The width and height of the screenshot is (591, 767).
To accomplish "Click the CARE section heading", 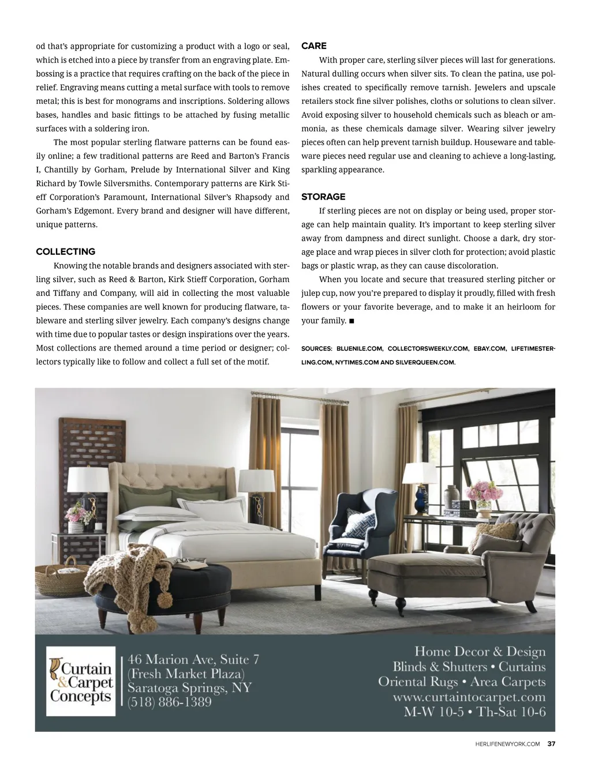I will pos(314,46).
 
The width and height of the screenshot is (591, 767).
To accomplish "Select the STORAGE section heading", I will pos(323,197).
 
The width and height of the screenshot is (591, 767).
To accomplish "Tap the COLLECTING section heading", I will pos(66,251).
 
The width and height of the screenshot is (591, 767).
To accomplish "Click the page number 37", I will pos(551,744).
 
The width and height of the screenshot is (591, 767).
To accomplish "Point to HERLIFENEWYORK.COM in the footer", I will pos(504,744).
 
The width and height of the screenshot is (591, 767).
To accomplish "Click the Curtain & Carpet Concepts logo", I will pos(81,681).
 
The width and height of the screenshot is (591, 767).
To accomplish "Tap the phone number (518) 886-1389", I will pos(170,702).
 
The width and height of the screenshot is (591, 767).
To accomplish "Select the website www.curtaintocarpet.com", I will pos(469,697).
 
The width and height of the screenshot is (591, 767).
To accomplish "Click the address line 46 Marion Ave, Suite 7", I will pos(193,659).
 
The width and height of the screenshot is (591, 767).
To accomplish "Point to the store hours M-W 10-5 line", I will pos(474,712).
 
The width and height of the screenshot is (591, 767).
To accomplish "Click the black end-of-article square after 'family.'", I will pos(351,321).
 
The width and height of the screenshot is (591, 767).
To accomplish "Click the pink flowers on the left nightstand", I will pos(76,513).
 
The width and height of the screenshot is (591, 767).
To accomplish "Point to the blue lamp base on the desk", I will pos(421,501).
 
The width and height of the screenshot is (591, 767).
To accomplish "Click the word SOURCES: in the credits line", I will pos(317,349).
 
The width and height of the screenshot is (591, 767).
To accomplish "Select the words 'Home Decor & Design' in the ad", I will pos(480,652).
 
